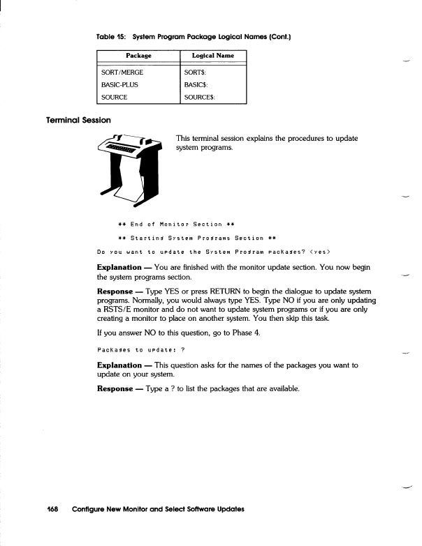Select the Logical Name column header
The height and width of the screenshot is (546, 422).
[214, 55]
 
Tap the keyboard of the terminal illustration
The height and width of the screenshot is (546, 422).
[124, 149]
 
